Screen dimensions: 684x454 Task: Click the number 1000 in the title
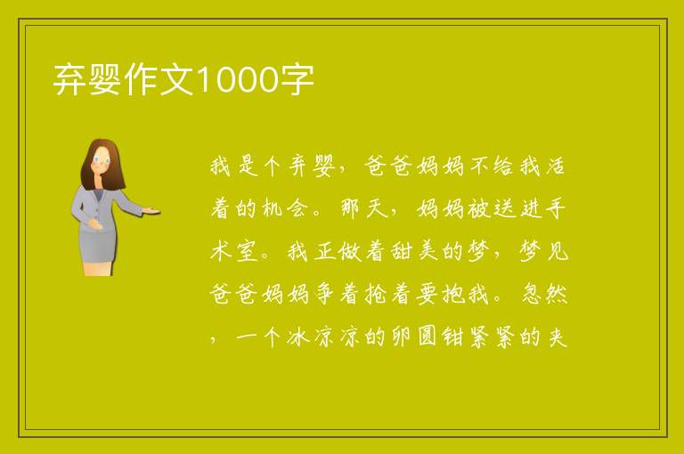click(x=238, y=79)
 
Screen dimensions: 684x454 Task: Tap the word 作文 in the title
click(x=159, y=79)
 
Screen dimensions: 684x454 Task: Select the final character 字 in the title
click(x=297, y=79)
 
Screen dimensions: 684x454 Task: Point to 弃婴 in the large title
click(x=87, y=79)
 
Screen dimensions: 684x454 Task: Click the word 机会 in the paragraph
click(x=287, y=208)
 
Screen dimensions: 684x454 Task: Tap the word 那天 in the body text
click(x=364, y=208)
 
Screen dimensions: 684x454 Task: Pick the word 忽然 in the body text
click(x=544, y=294)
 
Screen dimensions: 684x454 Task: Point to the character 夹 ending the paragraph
click(x=557, y=336)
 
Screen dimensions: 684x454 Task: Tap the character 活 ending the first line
click(x=556, y=166)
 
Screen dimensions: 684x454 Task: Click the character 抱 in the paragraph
click(x=453, y=294)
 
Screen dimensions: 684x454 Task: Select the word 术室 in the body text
click(x=235, y=251)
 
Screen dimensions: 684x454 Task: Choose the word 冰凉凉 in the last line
click(x=325, y=336)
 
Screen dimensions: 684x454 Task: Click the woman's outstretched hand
click(x=151, y=211)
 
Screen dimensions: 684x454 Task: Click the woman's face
click(x=102, y=160)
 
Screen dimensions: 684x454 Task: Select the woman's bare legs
click(x=98, y=268)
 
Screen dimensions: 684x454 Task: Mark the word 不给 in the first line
click(x=492, y=166)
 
